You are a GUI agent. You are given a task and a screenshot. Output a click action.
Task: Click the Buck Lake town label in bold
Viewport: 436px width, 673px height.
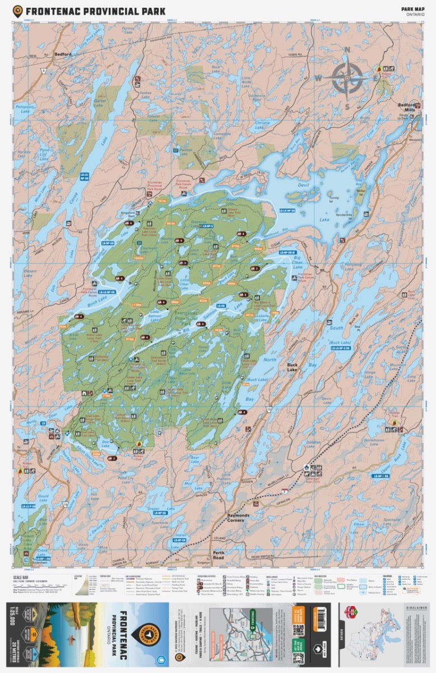coord(292,367)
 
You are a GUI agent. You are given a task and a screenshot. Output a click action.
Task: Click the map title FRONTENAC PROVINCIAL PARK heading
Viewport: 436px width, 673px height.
coord(95,11)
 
